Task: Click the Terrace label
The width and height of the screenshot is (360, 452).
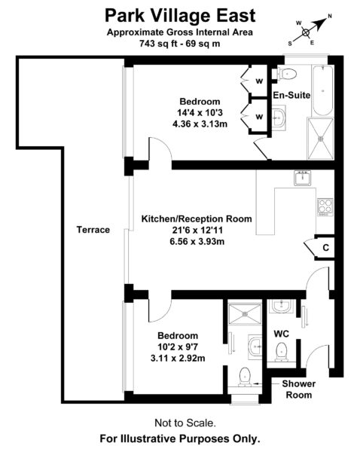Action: tap(93, 230)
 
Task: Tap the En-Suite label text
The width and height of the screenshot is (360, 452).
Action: tap(291, 95)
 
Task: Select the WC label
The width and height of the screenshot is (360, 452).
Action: tap(282, 334)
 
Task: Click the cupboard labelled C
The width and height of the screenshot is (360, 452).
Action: tap(325, 248)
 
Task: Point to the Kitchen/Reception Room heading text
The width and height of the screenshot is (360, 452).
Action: tap(197, 218)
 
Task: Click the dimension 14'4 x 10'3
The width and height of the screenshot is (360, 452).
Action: tap(200, 113)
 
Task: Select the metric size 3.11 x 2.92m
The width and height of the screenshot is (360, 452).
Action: tap(178, 359)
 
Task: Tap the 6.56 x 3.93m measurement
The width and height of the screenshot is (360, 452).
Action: tap(197, 241)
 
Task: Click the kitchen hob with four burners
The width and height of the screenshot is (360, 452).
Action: tap(325, 207)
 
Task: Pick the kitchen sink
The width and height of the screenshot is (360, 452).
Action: tap(303, 178)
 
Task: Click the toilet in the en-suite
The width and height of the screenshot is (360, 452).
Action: tap(287, 75)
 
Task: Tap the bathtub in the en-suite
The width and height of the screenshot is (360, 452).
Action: tap(322, 90)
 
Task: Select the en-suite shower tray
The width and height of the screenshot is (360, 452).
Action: tap(321, 139)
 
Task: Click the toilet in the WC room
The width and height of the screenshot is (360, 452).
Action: tap(281, 352)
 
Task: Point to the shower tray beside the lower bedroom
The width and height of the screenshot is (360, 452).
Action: tap(245, 313)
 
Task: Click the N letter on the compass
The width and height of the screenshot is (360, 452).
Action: tap(330, 16)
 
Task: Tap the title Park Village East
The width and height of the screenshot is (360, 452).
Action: tap(180, 16)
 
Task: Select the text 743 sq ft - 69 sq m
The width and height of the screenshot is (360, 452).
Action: tap(180, 44)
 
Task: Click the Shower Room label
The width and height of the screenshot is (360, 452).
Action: tap(298, 389)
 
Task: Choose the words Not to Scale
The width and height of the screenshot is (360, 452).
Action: tap(185, 423)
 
